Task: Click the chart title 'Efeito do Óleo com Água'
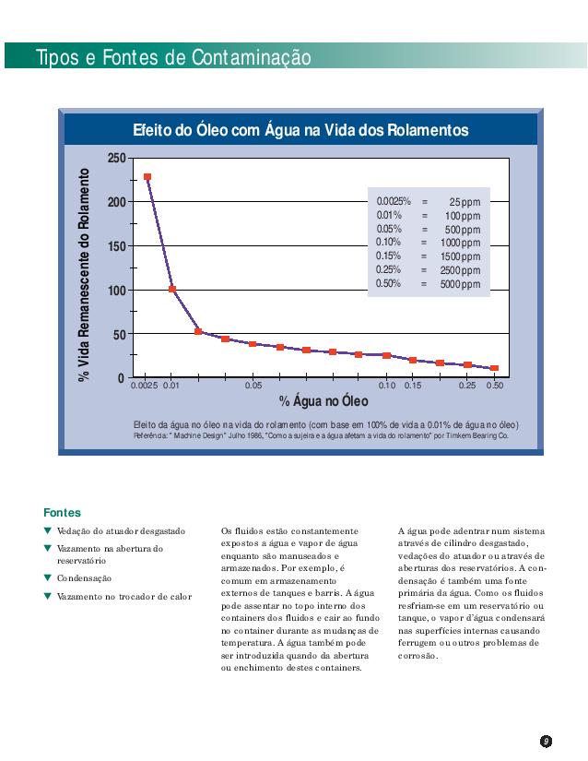coord(300,131)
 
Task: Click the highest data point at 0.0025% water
coord(147,177)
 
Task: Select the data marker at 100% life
coord(172,289)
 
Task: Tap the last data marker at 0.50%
coord(495,368)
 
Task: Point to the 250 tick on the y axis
coord(116,158)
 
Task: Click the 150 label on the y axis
coord(116,246)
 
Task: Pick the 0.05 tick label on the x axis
coord(253,386)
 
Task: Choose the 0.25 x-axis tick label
coord(468,386)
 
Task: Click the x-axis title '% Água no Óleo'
coord(323,401)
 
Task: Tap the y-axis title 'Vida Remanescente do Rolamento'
coord(85,274)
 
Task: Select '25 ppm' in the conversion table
coord(465,202)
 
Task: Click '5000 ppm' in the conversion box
coord(460,285)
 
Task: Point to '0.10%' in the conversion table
coord(389,242)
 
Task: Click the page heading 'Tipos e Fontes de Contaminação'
coord(173,58)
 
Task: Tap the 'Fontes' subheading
coord(62,512)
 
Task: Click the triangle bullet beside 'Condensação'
coord(48,577)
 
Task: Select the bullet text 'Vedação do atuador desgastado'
coord(121,531)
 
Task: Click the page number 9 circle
coord(546,741)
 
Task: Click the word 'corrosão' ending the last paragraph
coord(418,656)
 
